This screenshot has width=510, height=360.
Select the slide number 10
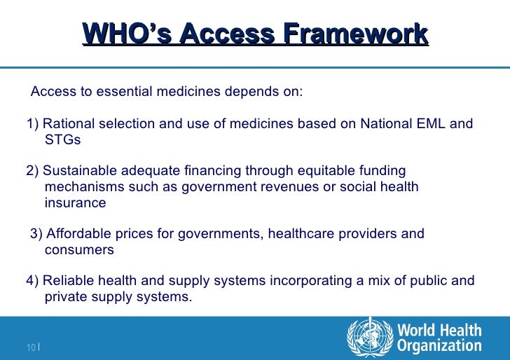tap(32, 347)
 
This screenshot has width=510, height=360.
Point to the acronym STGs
tap(62, 140)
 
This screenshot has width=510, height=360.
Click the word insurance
tap(75, 203)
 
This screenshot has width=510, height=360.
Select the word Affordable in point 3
tap(79, 234)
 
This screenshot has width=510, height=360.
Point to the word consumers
tap(79, 250)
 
